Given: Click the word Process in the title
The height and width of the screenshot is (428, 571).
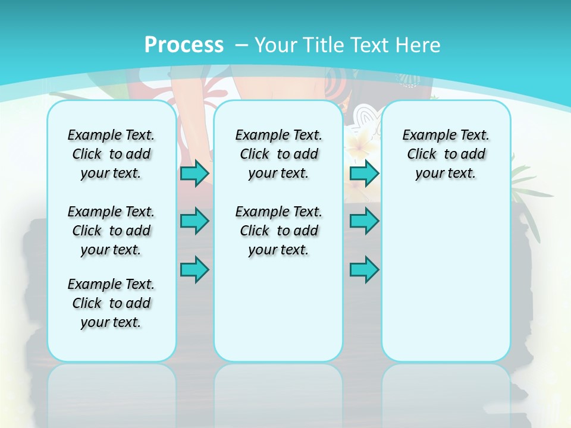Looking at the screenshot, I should (x=184, y=45).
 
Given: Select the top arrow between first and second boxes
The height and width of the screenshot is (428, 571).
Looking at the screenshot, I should (x=194, y=174).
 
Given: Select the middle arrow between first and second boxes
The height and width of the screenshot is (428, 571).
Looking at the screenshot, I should (x=194, y=221).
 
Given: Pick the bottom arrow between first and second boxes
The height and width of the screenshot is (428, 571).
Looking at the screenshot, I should (x=194, y=270).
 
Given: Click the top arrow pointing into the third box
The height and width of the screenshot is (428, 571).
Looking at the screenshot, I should (x=364, y=174).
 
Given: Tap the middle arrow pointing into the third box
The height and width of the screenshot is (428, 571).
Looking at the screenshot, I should (x=364, y=221).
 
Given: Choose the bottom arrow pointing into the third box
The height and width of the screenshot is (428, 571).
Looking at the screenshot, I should (x=364, y=270).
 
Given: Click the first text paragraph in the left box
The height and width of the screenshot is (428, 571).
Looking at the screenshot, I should (x=111, y=154).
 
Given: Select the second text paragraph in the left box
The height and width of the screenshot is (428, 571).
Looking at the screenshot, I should (x=111, y=231).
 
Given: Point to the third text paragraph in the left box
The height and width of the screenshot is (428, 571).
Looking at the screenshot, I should (x=111, y=303).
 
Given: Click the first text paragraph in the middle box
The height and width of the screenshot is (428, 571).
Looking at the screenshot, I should (x=278, y=154).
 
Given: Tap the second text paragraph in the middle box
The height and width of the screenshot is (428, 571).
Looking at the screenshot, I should (x=278, y=231).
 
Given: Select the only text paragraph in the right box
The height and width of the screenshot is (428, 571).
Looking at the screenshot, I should (x=446, y=154).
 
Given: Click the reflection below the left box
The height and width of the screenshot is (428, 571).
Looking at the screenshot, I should (x=111, y=392).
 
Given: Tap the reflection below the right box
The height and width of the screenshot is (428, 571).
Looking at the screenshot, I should (x=446, y=392).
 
